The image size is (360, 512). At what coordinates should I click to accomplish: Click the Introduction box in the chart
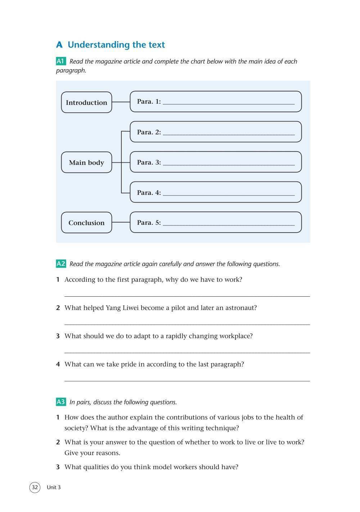86,103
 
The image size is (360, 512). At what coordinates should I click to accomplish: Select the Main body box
86,163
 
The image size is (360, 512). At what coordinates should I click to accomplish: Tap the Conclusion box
86,223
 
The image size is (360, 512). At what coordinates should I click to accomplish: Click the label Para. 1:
149,102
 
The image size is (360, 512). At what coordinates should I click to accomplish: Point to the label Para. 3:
149,162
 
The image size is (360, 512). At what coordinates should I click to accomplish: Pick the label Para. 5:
149,223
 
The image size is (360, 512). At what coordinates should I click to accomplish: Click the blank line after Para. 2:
229,134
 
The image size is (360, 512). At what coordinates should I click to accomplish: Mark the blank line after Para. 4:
229,195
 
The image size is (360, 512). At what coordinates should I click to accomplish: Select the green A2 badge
61,264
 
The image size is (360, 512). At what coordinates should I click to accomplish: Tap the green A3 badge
61,402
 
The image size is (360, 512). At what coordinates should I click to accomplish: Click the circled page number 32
35,488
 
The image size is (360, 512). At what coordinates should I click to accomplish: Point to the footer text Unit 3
54,488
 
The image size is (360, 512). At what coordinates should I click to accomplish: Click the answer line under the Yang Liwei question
187,324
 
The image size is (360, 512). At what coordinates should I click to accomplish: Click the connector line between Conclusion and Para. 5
121,223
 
